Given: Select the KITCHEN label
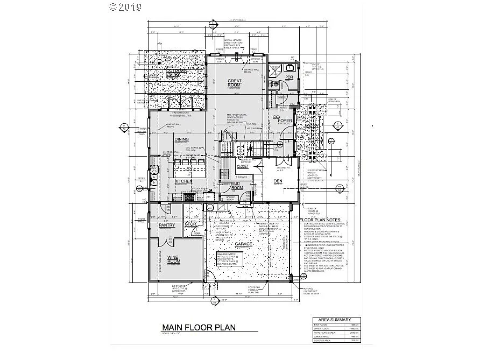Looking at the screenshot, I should point(183,182).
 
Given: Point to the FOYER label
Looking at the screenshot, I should point(285,121).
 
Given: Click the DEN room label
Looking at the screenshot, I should point(278,181).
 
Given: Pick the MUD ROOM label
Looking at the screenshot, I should point(236,185).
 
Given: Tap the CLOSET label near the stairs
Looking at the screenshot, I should point(243,167).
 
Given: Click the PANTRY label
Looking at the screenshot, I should point(167,225).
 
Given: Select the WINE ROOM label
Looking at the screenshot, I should point(173,259).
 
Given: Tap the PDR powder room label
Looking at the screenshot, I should point(289,77).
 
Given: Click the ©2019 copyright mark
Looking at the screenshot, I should point(125,7).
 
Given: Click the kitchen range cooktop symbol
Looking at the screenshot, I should point(190,197).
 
